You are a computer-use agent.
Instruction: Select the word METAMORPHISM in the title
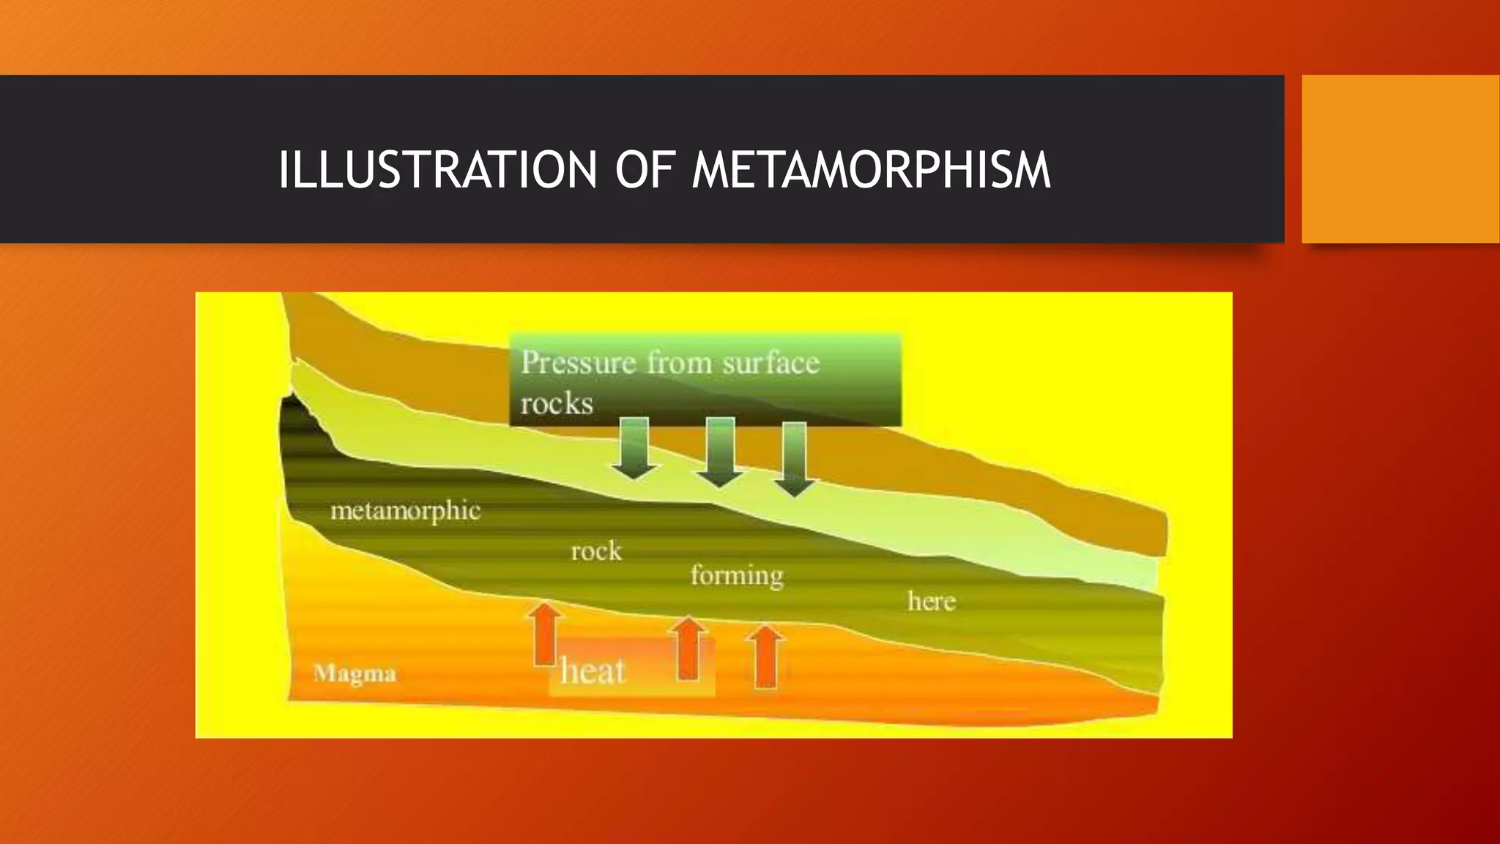[x=871, y=170]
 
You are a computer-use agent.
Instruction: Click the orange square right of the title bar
[x=1400, y=159]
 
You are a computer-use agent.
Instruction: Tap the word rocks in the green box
[x=557, y=403]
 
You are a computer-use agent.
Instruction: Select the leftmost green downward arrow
[x=634, y=448]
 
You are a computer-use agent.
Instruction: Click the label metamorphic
[x=405, y=511]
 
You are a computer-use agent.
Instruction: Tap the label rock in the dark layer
[x=596, y=551]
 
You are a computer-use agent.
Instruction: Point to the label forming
[x=737, y=576]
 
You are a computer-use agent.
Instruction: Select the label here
[x=932, y=601]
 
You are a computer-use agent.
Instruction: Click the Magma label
[x=354, y=673]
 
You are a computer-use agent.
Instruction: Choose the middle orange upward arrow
[x=688, y=648]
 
